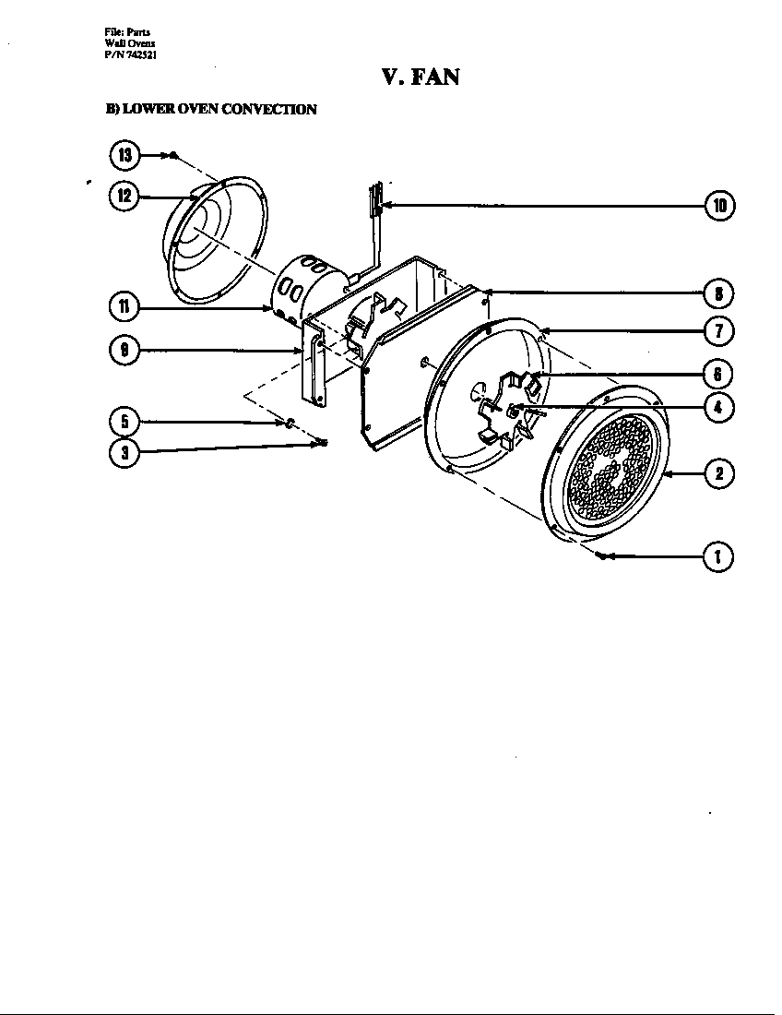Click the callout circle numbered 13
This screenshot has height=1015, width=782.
click(124, 155)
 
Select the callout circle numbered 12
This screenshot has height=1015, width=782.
click(124, 197)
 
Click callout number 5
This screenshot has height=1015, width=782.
click(124, 422)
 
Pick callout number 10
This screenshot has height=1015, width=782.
click(719, 205)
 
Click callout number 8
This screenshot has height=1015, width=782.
click(719, 293)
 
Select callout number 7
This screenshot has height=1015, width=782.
click(719, 330)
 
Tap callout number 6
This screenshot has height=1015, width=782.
click(719, 374)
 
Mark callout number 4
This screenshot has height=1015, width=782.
click(719, 407)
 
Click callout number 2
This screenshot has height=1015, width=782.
click(719, 474)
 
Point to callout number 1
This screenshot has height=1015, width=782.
click(719, 556)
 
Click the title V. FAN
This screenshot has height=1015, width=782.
click(421, 77)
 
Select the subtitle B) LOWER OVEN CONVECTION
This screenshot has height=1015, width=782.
click(211, 110)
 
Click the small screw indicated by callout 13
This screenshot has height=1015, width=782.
click(173, 155)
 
